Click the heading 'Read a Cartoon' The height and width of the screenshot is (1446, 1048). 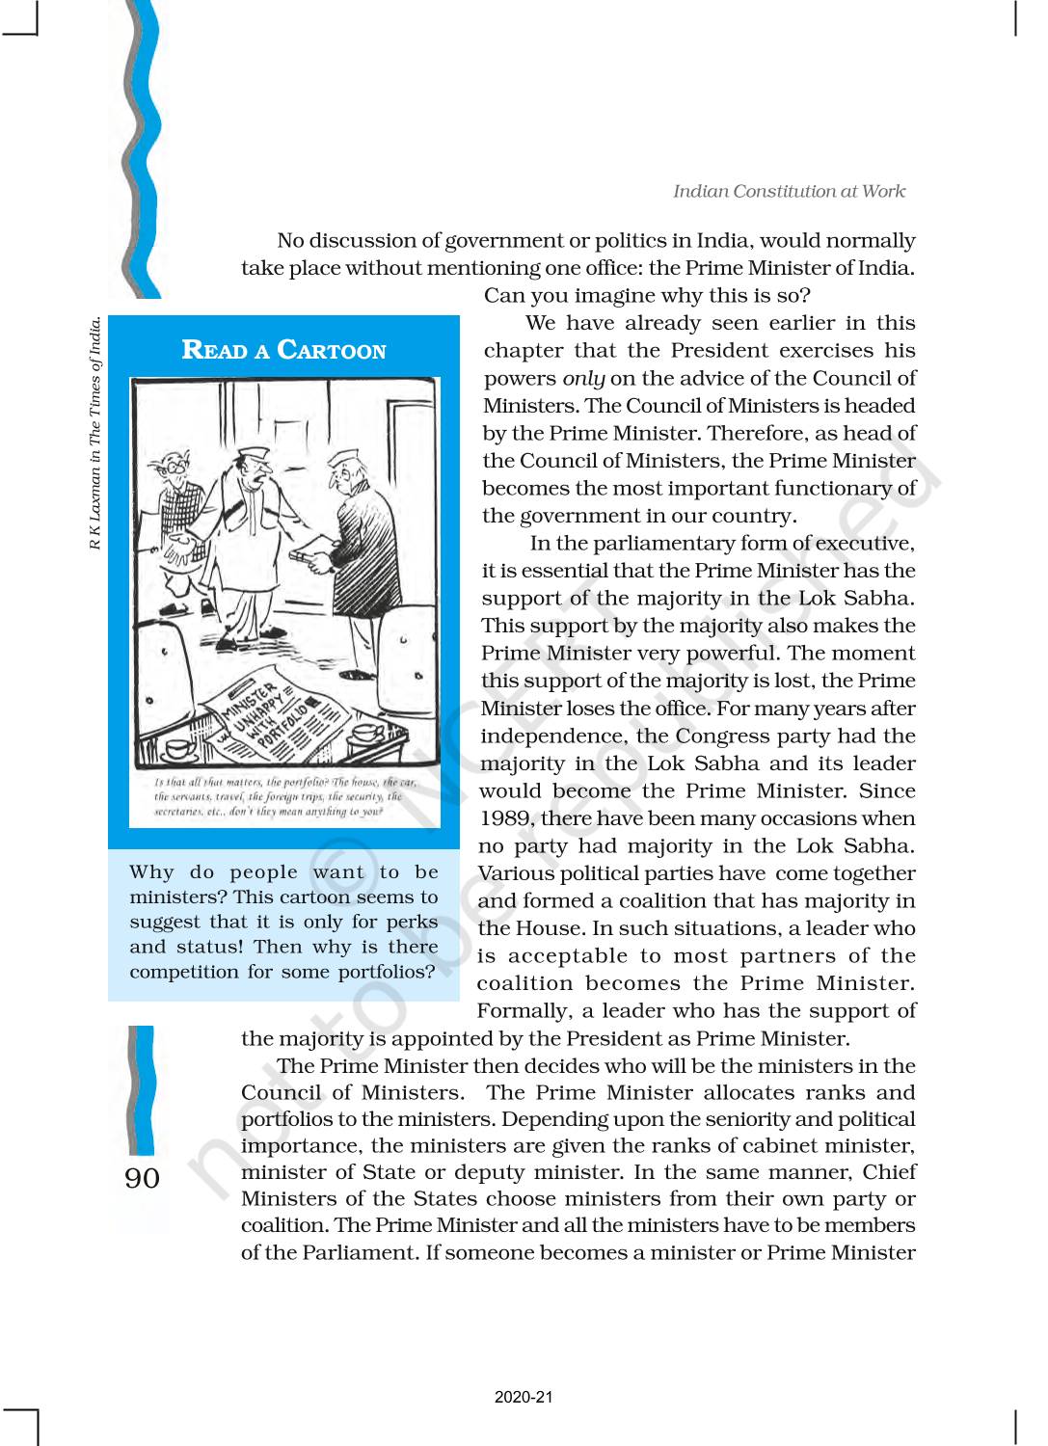click(x=283, y=349)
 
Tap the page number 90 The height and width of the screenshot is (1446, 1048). click(x=142, y=1178)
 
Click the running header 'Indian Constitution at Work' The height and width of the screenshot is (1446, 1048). click(x=789, y=191)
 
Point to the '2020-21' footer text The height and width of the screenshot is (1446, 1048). click(x=524, y=1397)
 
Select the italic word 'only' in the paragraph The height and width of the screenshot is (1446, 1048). click(x=583, y=379)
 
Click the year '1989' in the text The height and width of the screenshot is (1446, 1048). click(x=506, y=818)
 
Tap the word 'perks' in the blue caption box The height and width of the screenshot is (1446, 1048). click(x=413, y=923)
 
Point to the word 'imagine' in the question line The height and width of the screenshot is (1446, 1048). click(x=603, y=296)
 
